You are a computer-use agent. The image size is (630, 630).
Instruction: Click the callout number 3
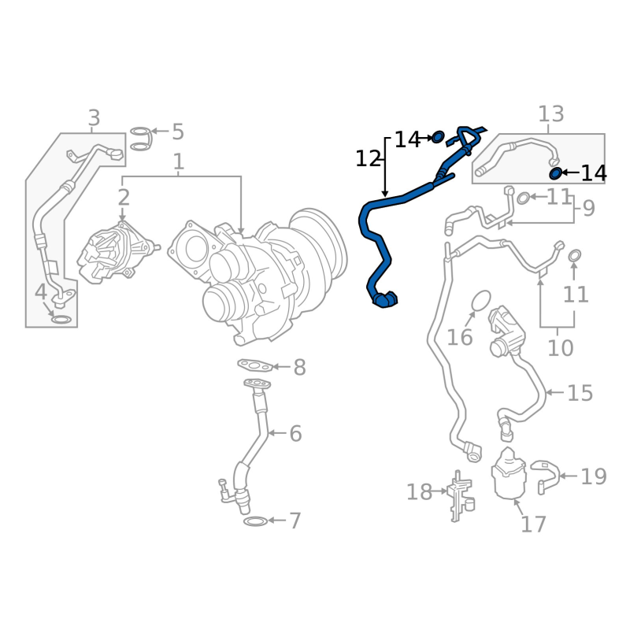click(x=94, y=118)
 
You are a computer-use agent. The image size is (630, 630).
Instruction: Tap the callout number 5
click(x=178, y=132)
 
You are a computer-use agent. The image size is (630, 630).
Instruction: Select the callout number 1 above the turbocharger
click(x=179, y=162)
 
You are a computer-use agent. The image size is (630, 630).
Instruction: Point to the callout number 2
click(x=124, y=198)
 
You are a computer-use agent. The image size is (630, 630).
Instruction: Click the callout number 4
click(x=41, y=292)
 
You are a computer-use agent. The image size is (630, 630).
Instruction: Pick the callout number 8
click(x=300, y=367)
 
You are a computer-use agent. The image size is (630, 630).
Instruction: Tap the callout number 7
click(x=295, y=521)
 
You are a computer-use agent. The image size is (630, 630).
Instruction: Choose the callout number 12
click(x=368, y=159)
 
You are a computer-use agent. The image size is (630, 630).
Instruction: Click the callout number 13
click(x=550, y=114)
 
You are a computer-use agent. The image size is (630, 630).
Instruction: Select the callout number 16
click(x=460, y=337)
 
